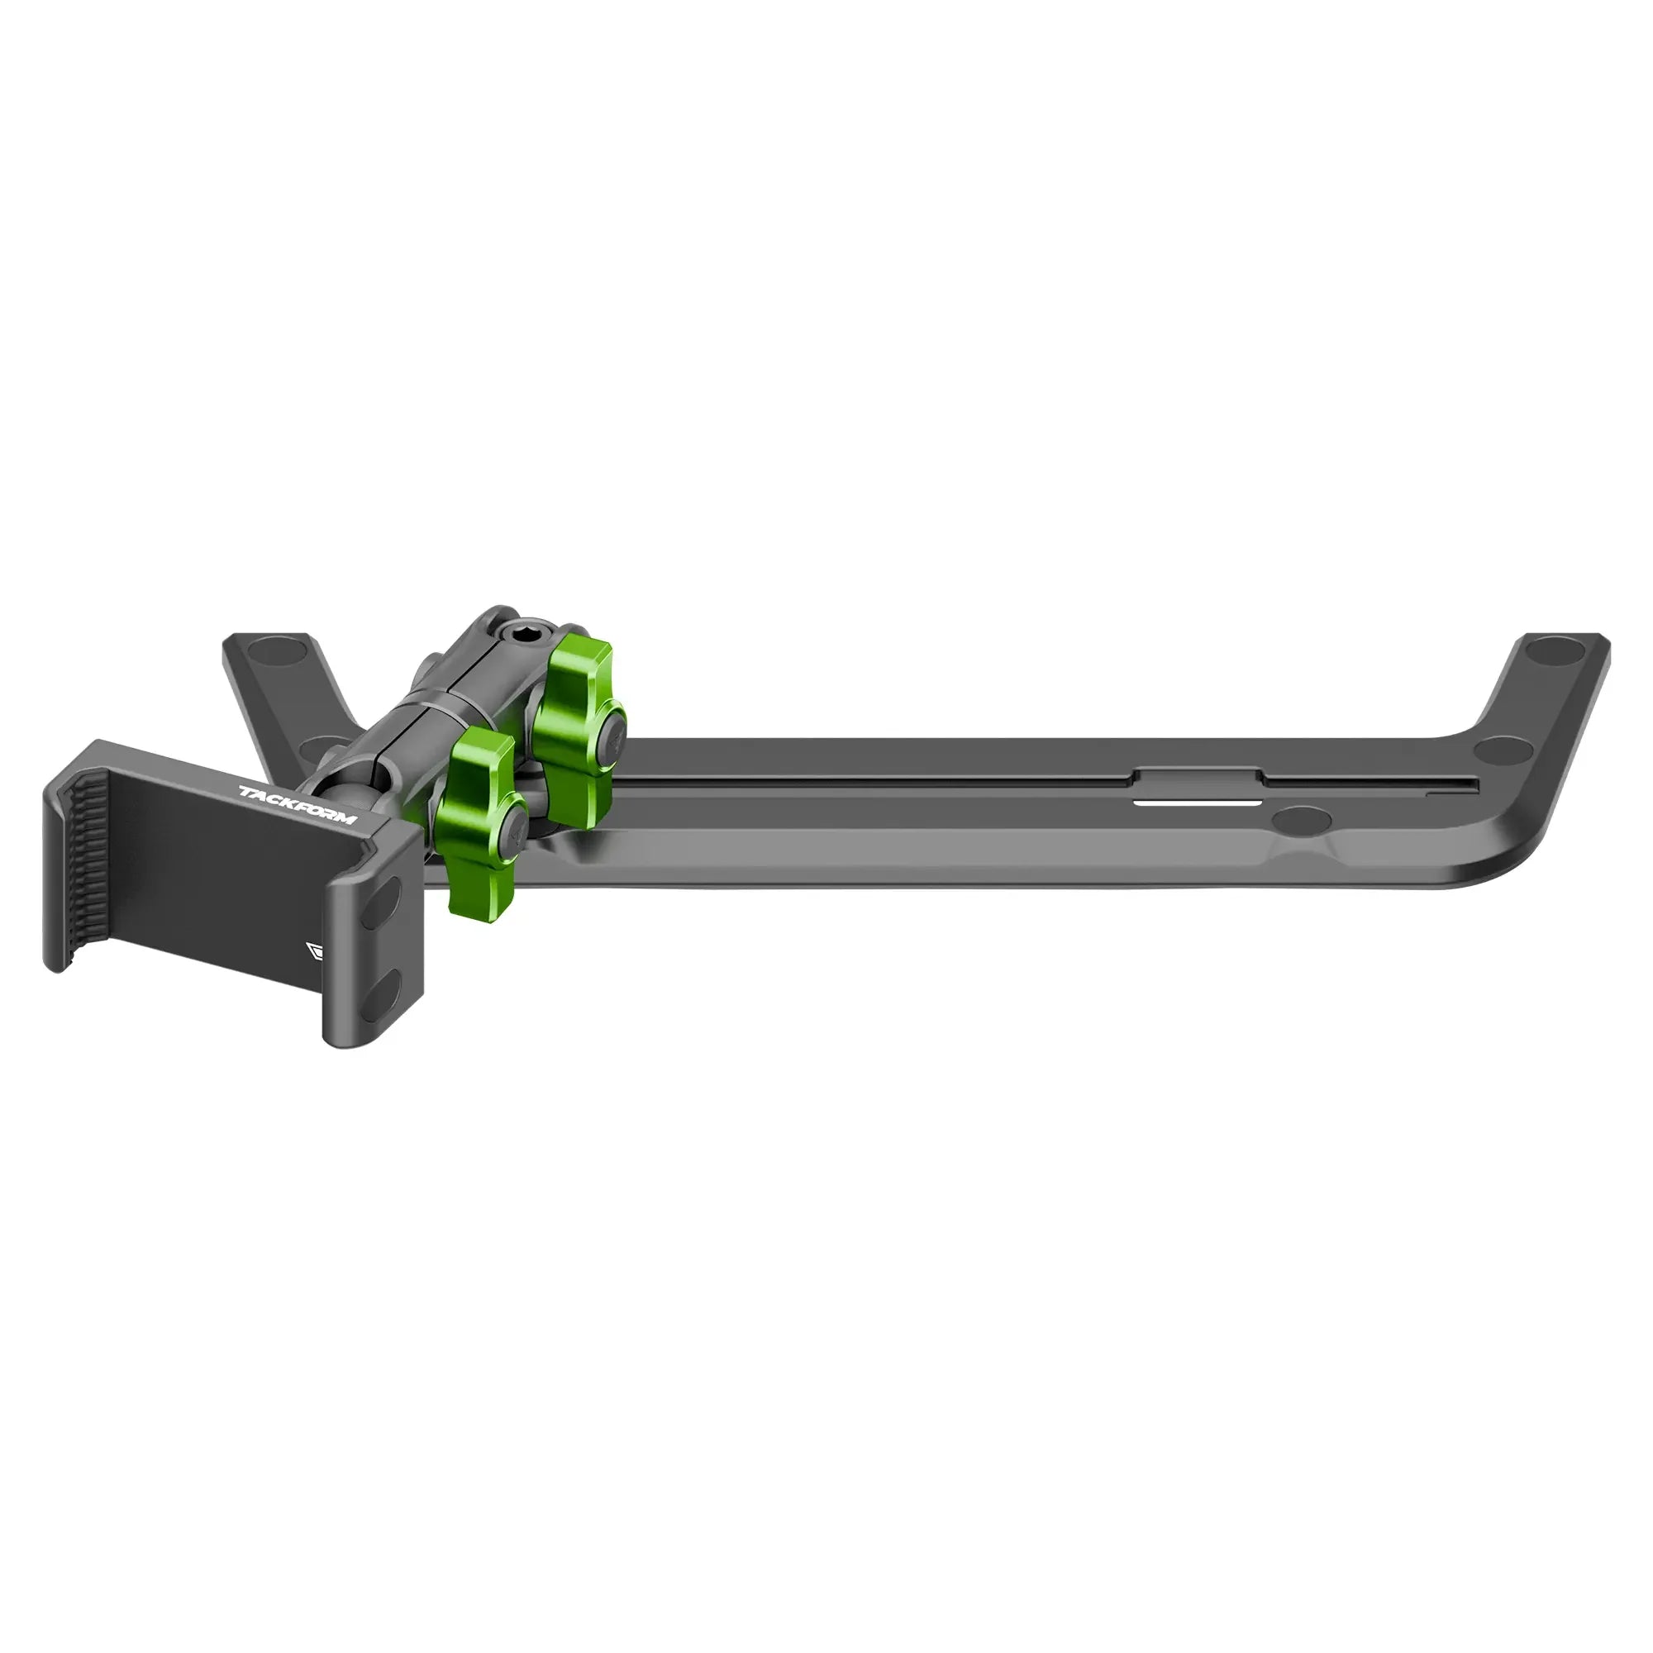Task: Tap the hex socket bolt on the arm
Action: (x=520, y=636)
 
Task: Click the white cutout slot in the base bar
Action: (x=1197, y=804)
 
